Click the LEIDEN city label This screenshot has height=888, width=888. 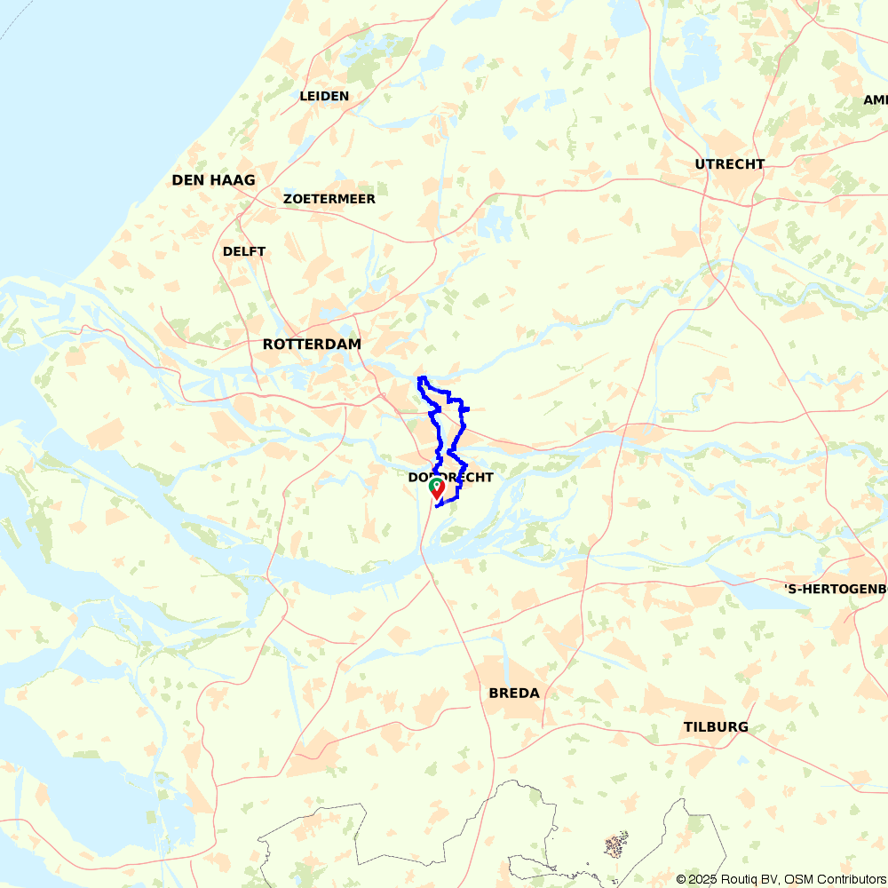coord(324,96)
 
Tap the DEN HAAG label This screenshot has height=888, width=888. coord(213,180)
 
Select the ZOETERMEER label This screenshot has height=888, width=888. coord(329,199)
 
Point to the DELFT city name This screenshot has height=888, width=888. coord(244,251)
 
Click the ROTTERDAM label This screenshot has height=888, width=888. coord(312,344)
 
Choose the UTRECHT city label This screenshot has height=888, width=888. coord(730,164)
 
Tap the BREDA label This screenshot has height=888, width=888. coord(514,693)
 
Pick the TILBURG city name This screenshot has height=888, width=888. coord(716,726)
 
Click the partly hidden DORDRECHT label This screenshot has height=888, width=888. coord(450,478)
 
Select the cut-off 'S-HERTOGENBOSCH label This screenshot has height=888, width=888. coord(835,589)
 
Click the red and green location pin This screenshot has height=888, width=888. coord(437,487)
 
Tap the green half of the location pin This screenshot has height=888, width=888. coord(434,486)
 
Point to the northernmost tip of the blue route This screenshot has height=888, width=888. coord(421,378)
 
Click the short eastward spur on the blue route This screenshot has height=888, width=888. coord(465,408)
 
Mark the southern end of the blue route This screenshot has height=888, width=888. coord(438,506)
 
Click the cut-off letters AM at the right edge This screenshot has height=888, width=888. coord(876,100)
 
